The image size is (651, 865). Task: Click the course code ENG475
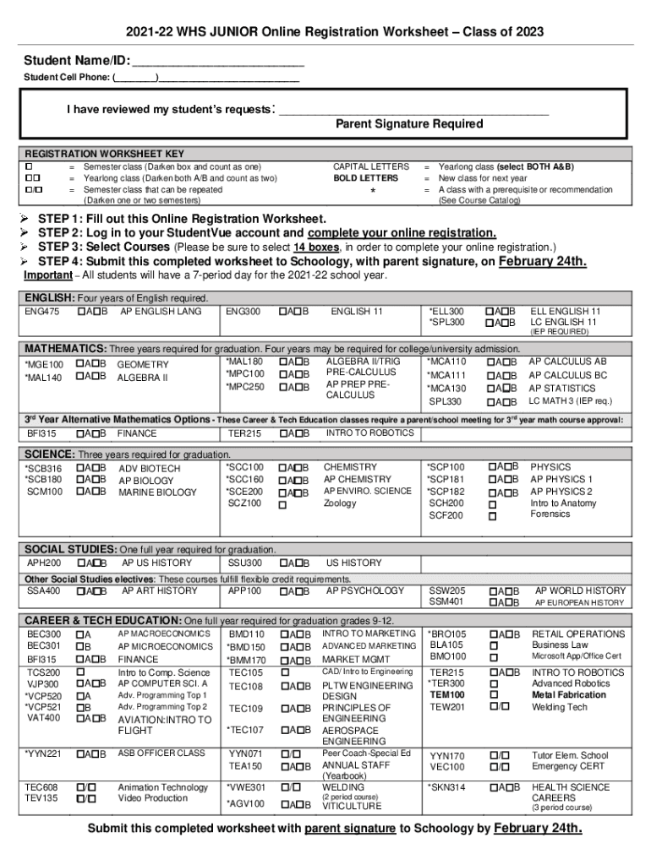point(42,312)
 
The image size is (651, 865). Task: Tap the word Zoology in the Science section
point(340,503)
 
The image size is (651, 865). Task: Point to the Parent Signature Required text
point(409,124)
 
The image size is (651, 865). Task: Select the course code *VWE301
point(246,787)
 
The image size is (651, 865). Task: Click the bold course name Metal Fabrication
point(568,694)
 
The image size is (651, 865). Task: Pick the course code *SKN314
point(447,787)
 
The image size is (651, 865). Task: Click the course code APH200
point(44,563)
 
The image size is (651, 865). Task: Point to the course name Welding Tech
point(559,707)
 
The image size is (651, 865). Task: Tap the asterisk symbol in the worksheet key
point(372,191)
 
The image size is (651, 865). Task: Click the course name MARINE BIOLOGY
point(157,492)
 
